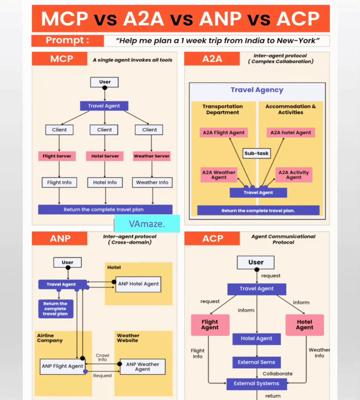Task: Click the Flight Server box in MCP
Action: point(56,156)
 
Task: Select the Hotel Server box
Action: point(105,156)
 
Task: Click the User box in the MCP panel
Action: point(104,82)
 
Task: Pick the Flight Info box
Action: point(59,182)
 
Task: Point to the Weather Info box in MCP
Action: point(152,182)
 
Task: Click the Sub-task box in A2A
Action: point(256,153)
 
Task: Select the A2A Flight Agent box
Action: point(223,132)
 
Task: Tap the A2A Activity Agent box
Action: point(293,174)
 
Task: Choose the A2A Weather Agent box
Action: point(218,174)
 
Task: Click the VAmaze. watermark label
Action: point(147,223)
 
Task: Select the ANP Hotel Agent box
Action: point(138,283)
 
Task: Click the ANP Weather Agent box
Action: point(142,366)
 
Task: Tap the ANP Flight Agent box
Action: point(62,366)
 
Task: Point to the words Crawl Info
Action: point(102,357)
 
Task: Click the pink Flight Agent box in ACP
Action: point(210,324)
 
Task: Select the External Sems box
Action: point(256,362)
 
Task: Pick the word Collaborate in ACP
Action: point(277,373)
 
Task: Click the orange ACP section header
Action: point(213,238)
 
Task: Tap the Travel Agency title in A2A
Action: point(256,90)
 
